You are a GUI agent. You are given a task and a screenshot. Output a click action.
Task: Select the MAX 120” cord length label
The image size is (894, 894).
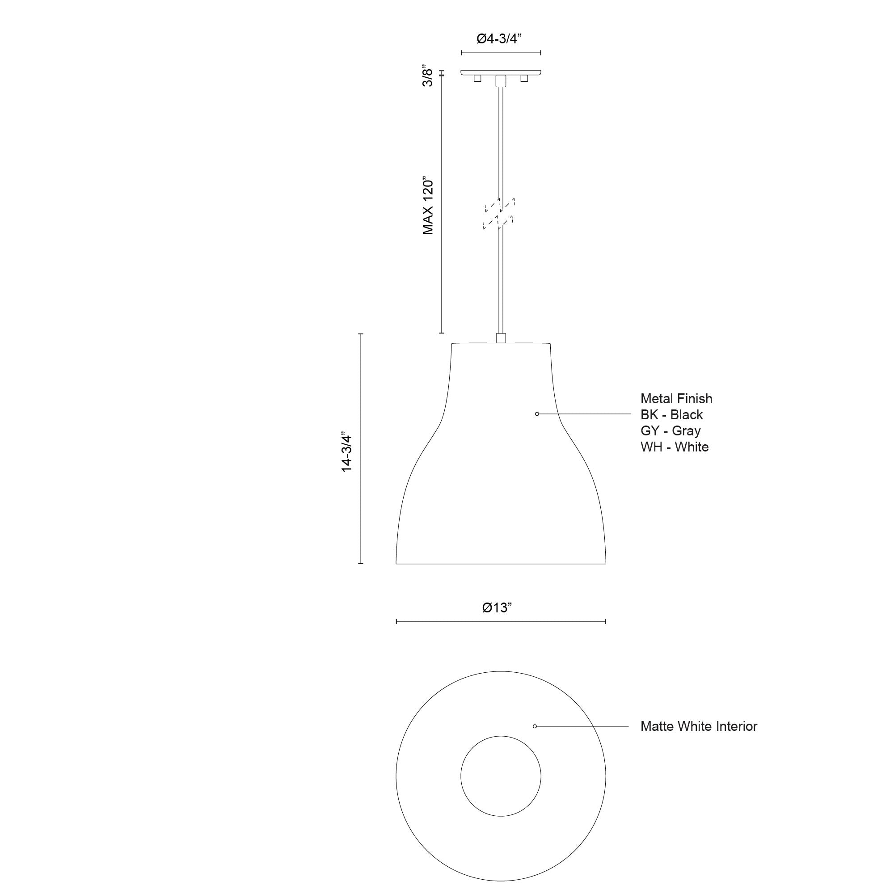[428, 205]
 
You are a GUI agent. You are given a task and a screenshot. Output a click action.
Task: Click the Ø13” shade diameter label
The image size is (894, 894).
[497, 607]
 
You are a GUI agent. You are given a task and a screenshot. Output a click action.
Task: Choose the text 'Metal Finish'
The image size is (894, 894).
[676, 398]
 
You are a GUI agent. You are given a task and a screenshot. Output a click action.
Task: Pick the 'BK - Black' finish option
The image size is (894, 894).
[671, 415]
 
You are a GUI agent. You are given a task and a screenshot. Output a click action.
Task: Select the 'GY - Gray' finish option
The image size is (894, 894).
[670, 431]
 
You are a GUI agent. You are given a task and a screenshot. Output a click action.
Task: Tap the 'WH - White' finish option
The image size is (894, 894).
[674, 447]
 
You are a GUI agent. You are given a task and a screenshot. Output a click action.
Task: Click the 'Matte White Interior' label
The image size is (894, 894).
[698, 726]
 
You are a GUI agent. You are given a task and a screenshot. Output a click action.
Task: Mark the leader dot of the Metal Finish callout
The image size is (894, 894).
[537, 413]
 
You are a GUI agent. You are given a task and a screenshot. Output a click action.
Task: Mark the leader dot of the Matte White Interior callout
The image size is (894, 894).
[535, 726]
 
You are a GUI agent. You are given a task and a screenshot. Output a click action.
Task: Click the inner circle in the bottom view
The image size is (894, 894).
[501, 776]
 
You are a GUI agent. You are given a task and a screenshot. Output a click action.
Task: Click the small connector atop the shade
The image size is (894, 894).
[501, 338]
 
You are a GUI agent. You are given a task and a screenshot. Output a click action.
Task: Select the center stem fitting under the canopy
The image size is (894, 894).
[501, 81]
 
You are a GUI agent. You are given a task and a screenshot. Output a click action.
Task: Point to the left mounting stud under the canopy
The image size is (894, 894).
[477, 79]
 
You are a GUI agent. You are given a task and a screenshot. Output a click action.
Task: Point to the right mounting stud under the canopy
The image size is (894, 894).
[524, 79]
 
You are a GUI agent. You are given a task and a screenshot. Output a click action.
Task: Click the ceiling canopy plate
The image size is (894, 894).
[501, 73]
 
